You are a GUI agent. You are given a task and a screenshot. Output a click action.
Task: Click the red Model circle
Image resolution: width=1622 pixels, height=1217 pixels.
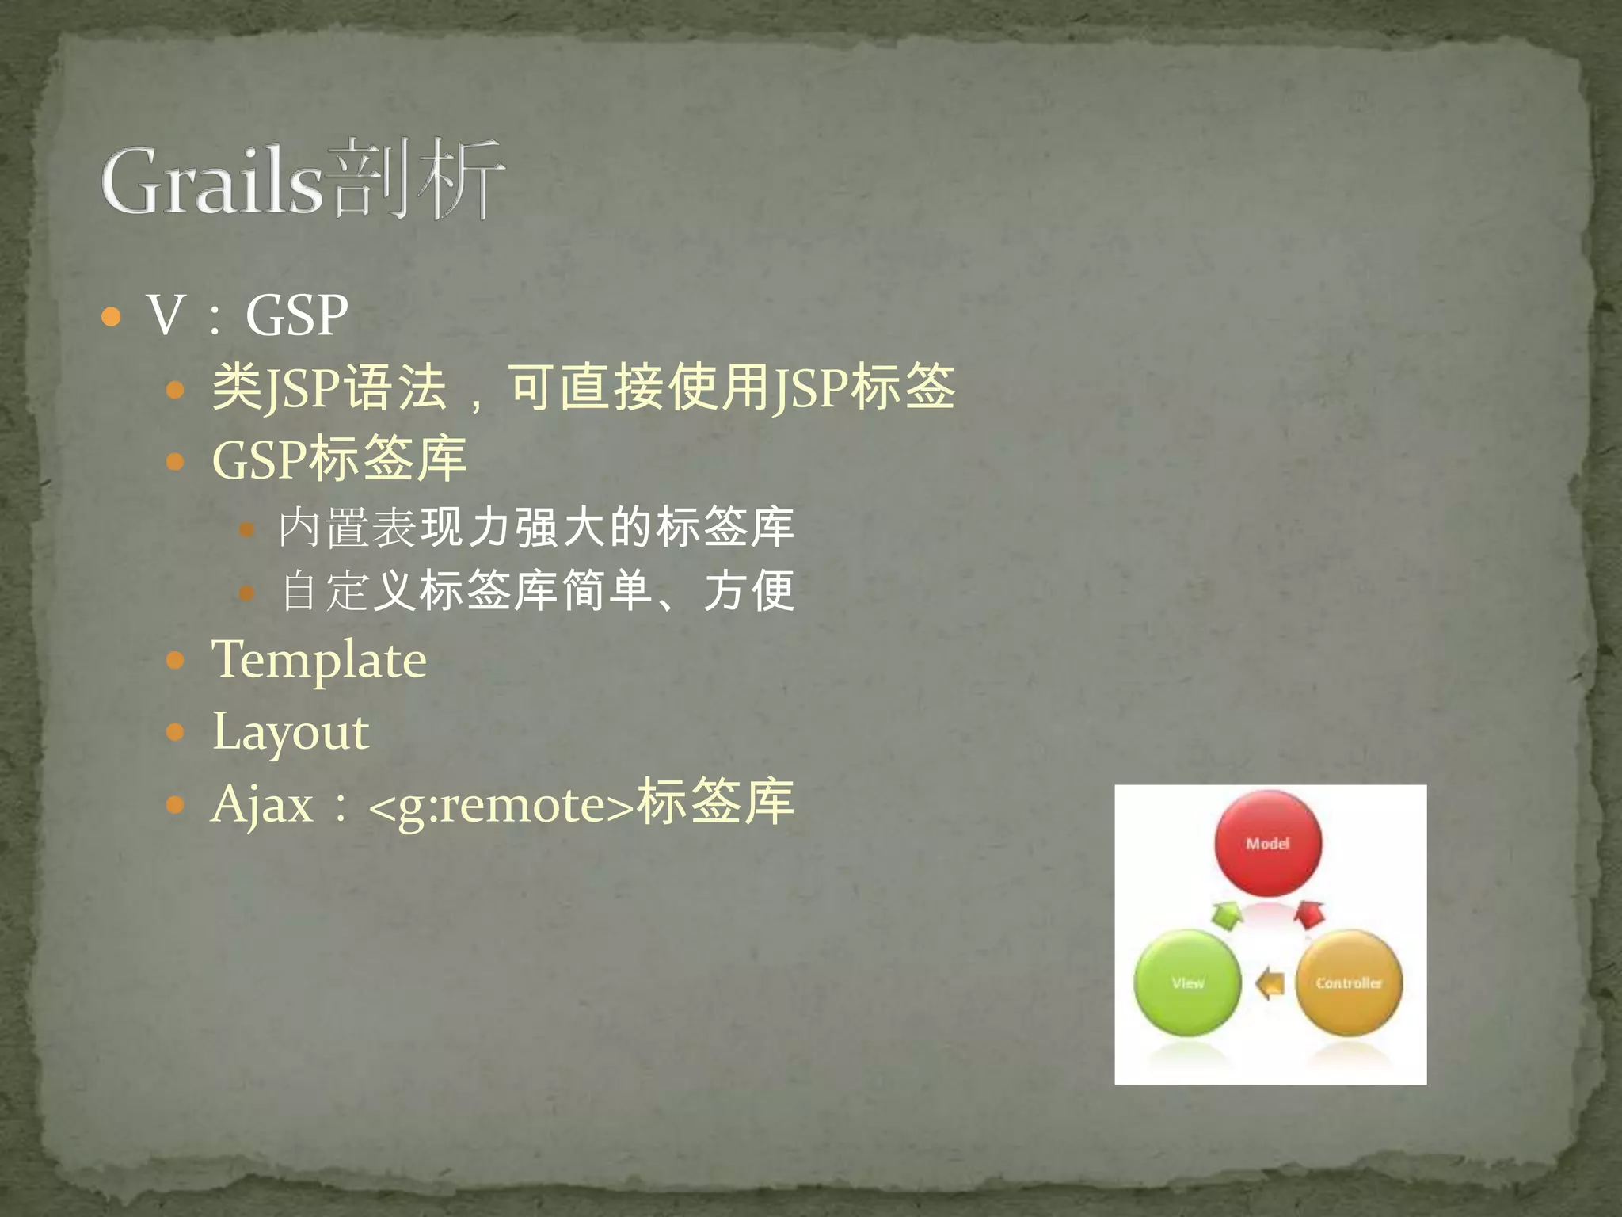tap(1268, 844)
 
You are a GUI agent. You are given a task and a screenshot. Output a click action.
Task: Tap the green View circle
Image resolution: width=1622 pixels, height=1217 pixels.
tap(1187, 983)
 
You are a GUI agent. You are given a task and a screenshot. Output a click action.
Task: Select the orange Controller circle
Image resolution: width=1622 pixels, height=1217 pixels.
tap(1349, 983)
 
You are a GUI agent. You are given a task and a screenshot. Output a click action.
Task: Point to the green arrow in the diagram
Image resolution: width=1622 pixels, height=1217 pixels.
tap(1227, 916)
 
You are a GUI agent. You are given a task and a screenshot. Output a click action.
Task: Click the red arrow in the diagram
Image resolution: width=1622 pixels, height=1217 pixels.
tap(1309, 915)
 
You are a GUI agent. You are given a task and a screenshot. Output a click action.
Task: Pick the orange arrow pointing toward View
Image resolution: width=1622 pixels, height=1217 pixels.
tap(1270, 984)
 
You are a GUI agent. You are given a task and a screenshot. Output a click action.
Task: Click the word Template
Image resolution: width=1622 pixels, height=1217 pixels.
tap(318, 660)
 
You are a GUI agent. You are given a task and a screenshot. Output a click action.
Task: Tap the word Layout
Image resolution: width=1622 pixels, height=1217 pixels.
tap(290, 731)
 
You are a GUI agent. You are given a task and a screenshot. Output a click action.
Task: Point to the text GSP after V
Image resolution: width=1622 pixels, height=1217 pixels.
tap(296, 315)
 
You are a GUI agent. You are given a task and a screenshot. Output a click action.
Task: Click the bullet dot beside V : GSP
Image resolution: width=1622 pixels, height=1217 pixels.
tap(112, 318)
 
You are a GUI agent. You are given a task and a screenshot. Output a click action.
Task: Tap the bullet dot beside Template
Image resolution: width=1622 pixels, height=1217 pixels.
tap(175, 660)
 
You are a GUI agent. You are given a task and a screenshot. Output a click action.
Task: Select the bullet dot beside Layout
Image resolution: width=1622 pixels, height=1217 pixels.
tap(175, 731)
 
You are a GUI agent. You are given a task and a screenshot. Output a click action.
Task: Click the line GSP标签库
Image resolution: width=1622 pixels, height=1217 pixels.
tap(339, 459)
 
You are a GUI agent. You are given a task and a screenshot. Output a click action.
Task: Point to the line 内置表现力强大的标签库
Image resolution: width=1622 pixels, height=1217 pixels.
tap(535, 527)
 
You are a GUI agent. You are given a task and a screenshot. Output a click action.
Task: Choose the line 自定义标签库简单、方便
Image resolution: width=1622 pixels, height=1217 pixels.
tap(537, 591)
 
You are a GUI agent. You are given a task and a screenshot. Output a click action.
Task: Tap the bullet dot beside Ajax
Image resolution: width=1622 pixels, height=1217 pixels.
tap(175, 806)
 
